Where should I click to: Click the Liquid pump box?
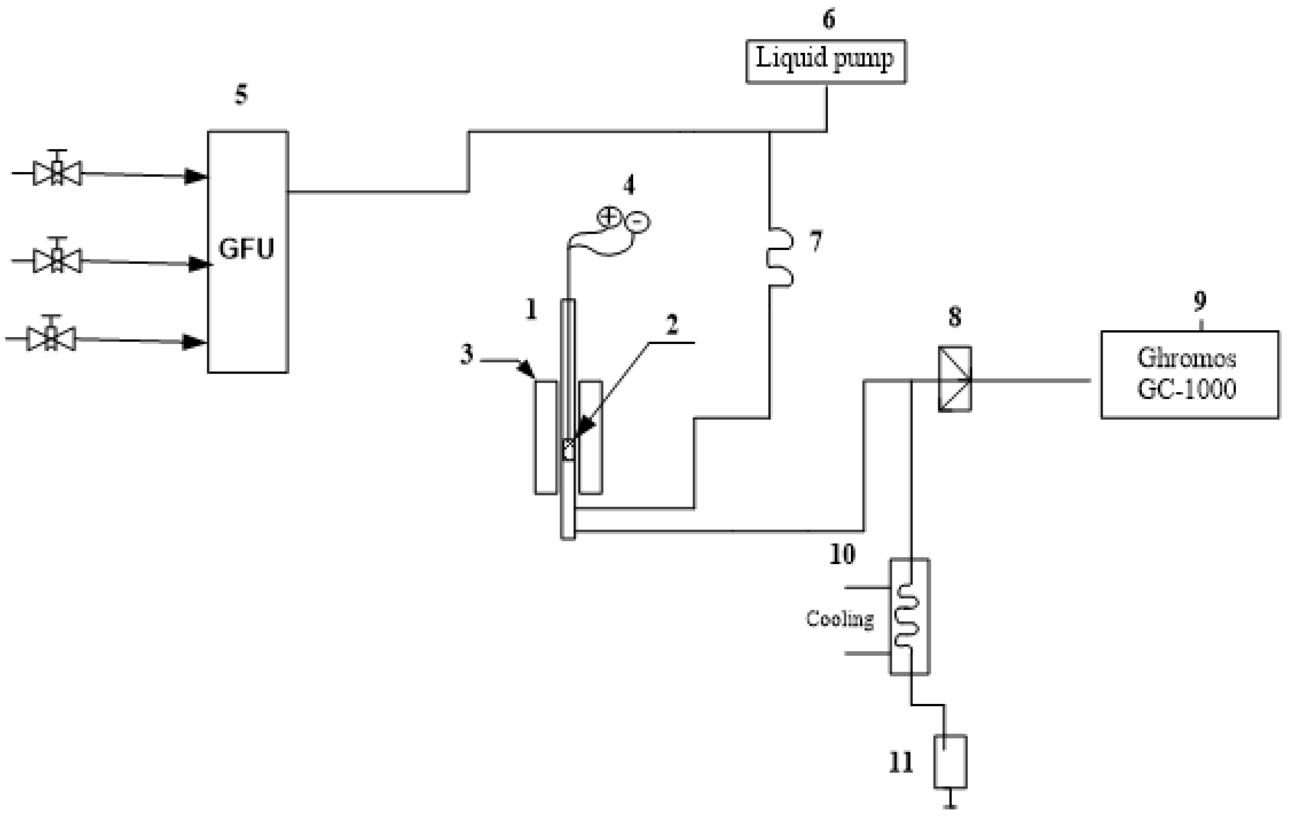coord(826,61)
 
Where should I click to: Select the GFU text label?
coord(247,249)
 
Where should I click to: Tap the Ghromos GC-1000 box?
coord(1189,374)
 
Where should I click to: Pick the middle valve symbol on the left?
coord(57,260)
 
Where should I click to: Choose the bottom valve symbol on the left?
coord(51,338)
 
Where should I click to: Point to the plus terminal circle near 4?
coord(609,217)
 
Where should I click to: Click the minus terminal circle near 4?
coord(638,222)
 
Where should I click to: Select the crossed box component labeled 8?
coord(954,379)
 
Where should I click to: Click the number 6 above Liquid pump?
coord(829,19)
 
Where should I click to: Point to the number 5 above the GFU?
coord(241,95)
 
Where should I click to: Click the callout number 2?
coord(672,324)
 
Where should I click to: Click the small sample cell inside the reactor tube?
coord(568,450)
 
